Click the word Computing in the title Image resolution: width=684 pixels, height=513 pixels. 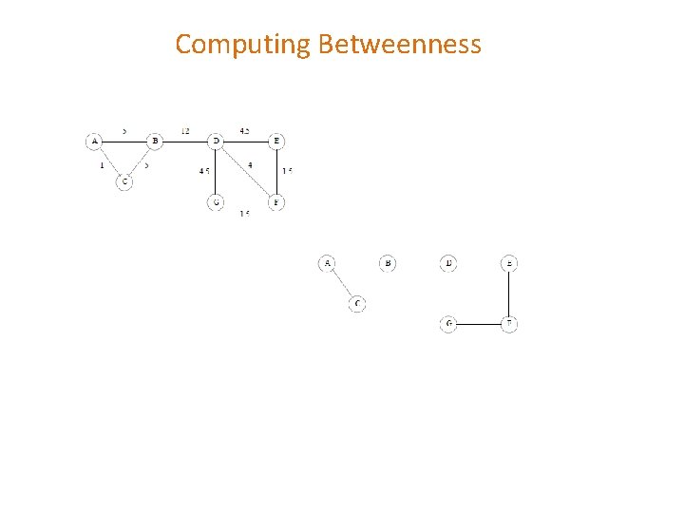coord(244,45)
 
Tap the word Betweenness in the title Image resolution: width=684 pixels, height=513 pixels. coord(400,45)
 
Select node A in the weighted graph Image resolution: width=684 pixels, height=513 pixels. coord(94,142)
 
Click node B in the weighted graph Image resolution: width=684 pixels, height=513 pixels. coord(155,142)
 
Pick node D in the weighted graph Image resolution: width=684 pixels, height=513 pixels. coord(216,142)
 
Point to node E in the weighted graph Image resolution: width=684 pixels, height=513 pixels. coord(276,142)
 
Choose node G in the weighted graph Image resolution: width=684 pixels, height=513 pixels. coord(216,202)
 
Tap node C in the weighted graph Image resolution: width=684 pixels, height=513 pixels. coord(124,181)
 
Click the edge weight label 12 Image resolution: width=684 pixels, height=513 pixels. coord(185,130)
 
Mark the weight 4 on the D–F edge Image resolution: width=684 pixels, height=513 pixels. coord(249,165)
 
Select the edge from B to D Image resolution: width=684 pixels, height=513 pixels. coord(185,142)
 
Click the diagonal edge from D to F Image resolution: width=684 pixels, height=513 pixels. coord(246,172)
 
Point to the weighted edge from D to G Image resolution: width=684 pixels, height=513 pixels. coord(216,172)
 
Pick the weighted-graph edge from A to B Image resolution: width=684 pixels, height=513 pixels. coord(124,142)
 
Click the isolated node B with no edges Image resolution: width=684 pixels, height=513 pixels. coord(388,263)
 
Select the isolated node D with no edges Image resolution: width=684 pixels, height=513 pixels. coord(448,263)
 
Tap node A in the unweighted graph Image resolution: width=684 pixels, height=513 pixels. coord(327,263)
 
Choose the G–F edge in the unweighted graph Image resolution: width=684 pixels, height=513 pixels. coord(479,324)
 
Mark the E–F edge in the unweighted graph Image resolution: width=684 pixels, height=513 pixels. coord(509,294)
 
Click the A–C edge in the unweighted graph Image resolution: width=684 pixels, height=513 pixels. coord(342,284)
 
